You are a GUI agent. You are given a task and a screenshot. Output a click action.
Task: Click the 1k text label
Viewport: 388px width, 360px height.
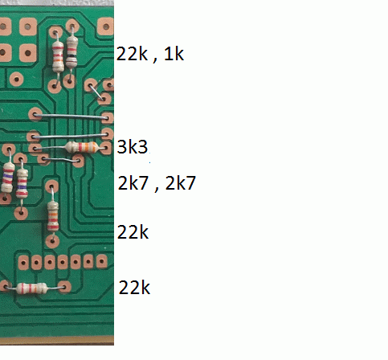174,54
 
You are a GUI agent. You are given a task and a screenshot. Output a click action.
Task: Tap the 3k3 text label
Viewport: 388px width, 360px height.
133,147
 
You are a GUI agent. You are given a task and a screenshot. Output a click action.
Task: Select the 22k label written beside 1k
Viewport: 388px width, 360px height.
132,54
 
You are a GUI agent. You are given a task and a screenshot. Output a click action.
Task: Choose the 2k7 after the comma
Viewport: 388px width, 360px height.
181,183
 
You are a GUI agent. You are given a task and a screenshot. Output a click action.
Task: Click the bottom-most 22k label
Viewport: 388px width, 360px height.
134,288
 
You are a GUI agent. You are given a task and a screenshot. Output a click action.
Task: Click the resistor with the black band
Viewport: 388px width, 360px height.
71,52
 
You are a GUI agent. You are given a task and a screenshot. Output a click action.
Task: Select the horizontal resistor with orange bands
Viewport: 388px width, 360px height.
82,147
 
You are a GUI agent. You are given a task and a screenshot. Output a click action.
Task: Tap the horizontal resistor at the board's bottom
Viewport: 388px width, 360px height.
32,288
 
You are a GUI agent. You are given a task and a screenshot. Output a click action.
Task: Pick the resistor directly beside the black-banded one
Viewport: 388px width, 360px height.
58,57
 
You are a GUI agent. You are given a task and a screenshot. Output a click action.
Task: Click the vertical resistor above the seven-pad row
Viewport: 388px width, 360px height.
53,216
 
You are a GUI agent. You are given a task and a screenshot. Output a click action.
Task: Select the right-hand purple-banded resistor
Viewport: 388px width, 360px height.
22,183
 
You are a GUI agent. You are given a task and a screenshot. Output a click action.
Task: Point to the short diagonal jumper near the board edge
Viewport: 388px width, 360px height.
96,92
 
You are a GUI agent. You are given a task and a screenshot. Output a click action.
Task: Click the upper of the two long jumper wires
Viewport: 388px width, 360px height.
71,116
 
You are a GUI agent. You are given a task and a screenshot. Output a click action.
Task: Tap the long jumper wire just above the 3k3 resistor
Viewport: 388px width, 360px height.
70,136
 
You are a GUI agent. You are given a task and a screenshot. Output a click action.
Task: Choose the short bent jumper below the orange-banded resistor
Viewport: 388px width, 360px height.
61,160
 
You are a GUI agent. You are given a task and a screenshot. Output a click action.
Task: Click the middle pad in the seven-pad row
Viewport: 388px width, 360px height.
63,262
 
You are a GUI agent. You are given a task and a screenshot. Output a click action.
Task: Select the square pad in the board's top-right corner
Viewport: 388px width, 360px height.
106,27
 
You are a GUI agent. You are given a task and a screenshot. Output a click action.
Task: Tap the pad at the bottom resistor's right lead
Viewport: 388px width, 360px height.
64,287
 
